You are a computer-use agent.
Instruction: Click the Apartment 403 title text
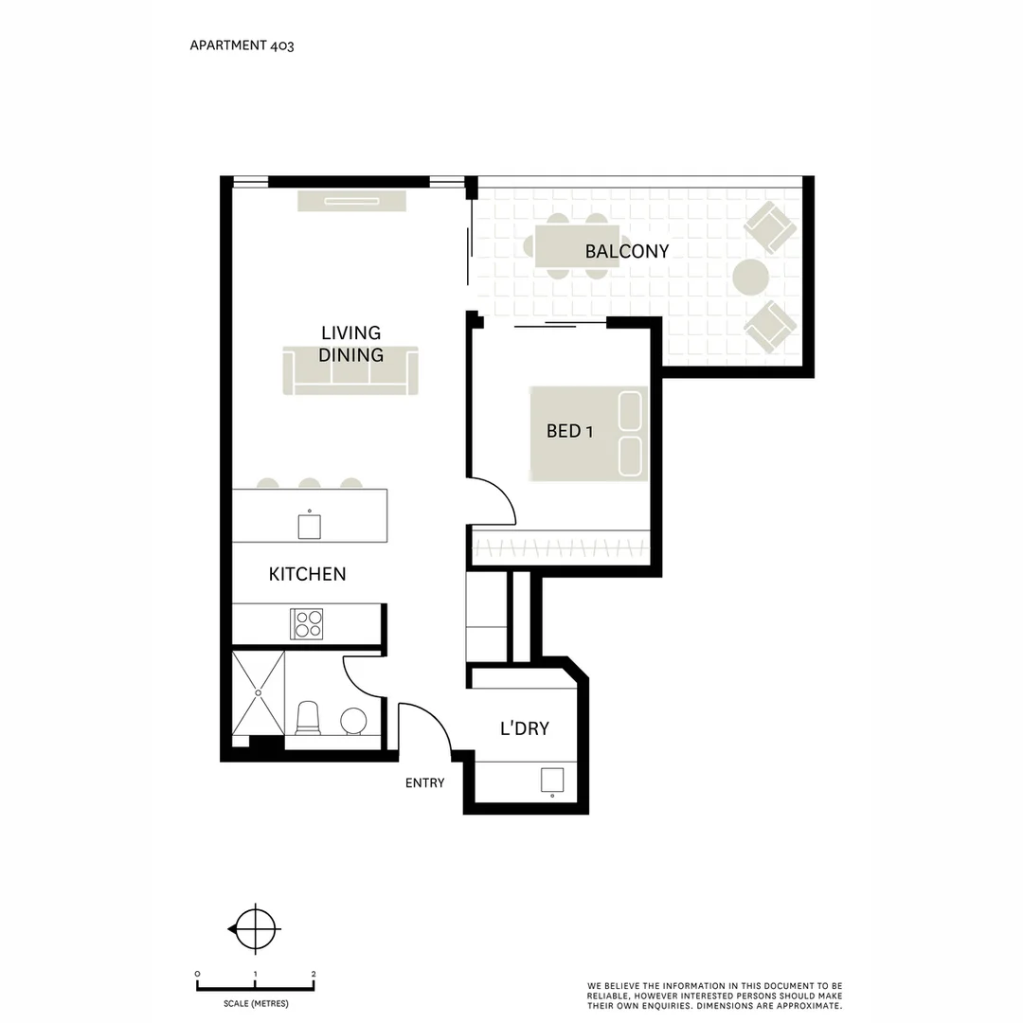pos(242,45)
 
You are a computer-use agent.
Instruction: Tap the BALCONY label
pos(626,252)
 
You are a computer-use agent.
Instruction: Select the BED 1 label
pos(569,432)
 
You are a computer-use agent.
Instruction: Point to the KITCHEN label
pos(307,574)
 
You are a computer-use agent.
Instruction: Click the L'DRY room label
pos(524,729)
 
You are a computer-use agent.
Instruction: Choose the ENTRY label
pos(424,783)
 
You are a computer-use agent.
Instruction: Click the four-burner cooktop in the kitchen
pos(308,623)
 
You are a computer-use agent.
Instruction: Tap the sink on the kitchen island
pos(309,526)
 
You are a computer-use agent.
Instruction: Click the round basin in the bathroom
pos(354,721)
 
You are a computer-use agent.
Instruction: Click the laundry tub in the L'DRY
pos(552,781)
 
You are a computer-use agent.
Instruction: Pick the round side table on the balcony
pos(750,278)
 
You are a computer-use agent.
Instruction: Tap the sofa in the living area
pos(350,370)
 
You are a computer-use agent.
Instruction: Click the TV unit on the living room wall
pos(351,201)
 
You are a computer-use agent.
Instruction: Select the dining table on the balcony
pos(577,247)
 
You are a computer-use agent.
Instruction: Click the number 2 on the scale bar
pos(314,974)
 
